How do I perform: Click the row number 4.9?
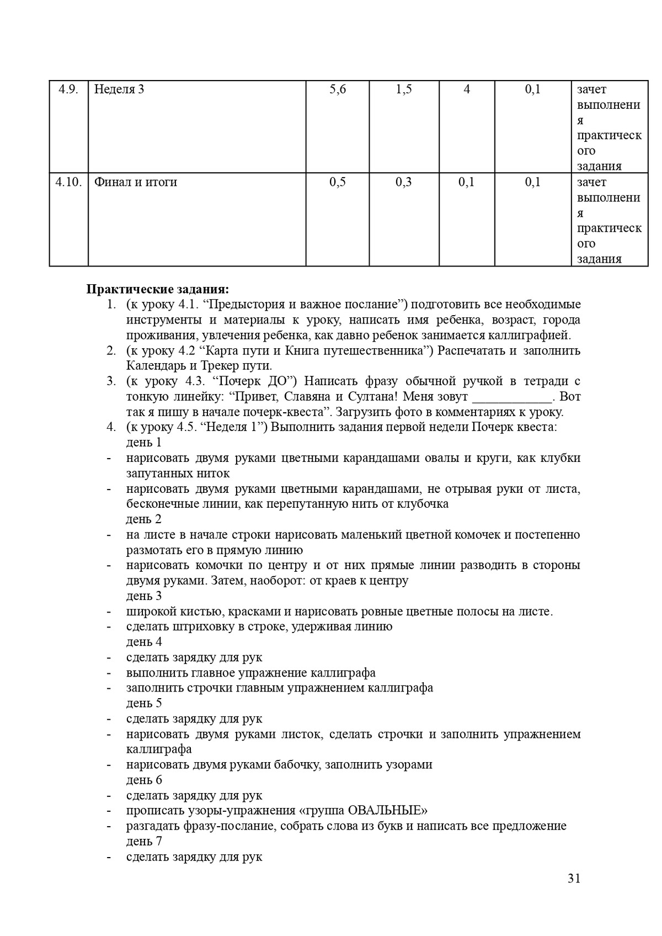tap(68, 89)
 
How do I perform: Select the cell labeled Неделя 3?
tap(119, 89)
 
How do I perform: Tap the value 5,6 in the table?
tap(338, 89)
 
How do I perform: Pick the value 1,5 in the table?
tap(404, 89)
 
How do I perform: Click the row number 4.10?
tap(68, 182)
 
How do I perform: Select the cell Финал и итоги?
tap(136, 182)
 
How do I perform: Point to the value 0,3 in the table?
tap(404, 182)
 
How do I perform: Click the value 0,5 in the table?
tap(338, 182)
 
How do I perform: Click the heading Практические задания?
tap(157, 289)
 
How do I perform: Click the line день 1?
tap(144, 443)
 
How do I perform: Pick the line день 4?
tap(144, 642)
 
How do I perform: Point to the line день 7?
tap(144, 842)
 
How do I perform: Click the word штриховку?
tap(206, 627)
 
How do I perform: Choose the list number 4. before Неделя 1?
tap(111, 427)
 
